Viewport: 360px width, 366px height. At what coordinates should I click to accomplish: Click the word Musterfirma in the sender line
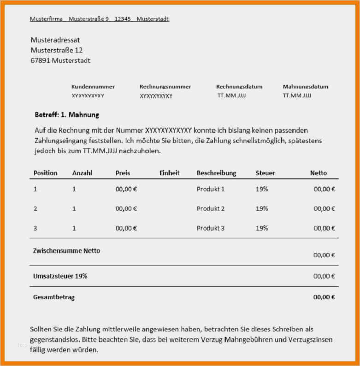coord(46,19)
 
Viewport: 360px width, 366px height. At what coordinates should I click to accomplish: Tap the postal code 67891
coord(41,60)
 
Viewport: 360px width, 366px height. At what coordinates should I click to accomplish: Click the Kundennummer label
coord(93,87)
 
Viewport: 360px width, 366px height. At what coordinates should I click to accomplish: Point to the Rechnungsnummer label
coord(165,87)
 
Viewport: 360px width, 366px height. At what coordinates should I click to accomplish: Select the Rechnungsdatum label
coord(239,87)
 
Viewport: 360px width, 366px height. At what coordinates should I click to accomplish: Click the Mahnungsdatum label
coord(306,87)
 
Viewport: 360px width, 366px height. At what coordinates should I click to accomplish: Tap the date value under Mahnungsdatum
coord(297,96)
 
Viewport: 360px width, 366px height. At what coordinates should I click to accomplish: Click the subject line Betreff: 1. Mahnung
coord(67,115)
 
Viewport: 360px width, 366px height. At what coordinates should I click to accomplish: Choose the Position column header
coord(46,173)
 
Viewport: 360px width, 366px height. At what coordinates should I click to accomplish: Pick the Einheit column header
coord(169,173)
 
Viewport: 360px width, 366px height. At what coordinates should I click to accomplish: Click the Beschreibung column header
coord(216,173)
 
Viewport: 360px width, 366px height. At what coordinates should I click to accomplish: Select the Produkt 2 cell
coord(211,209)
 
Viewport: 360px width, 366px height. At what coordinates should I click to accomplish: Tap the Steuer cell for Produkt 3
coord(262,228)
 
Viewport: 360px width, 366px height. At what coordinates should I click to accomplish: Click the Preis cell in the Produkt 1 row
coord(126,189)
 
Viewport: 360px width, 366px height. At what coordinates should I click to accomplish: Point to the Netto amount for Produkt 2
coord(324,209)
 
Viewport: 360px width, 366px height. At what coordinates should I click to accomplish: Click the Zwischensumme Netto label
coord(66,251)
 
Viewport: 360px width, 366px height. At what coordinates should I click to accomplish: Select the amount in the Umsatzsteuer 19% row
coord(324,277)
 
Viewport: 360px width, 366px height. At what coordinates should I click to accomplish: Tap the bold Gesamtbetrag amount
coord(324,297)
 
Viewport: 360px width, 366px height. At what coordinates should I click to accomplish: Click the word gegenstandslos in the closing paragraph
coord(53,340)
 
